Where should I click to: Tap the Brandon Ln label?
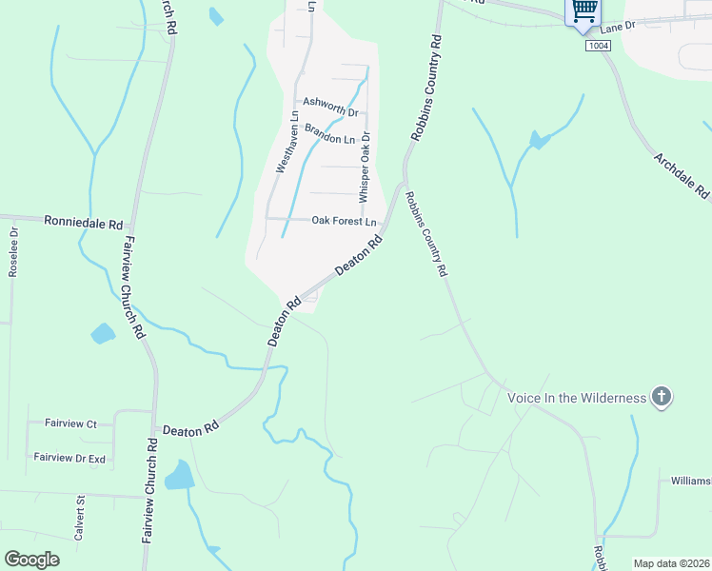point(329,138)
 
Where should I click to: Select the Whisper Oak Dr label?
point(363,167)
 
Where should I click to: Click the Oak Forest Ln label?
point(345,221)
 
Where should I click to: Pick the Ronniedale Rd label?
point(84,223)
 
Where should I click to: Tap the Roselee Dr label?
point(13,251)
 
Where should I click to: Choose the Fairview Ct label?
point(71,423)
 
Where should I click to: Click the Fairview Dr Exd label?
point(69,458)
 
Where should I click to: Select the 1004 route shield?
point(598,45)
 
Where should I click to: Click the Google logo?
point(32,560)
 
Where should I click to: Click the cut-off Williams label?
point(690,482)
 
